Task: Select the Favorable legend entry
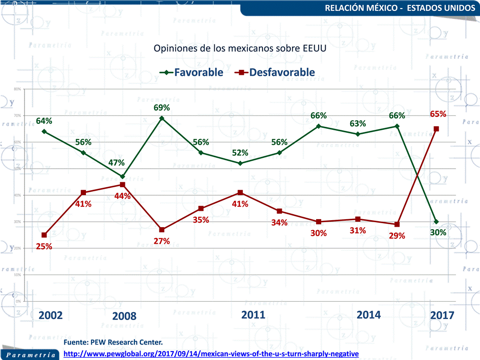[x=192, y=72]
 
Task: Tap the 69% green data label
[x=162, y=108]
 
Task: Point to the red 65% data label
[x=438, y=114]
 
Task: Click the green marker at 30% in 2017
[x=436, y=222]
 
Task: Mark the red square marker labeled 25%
[x=44, y=235]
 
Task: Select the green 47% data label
[x=116, y=163]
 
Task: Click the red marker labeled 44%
[x=122, y=185]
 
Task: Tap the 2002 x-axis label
[x=50, y=315]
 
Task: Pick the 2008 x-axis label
[x=124, y=316]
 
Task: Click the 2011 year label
[x=253, y=315]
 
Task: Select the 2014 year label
[x=369, y=315]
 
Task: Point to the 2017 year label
[x=442, y=315]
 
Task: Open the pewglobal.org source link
[x=212, y=354]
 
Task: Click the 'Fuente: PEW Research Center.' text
[x=113, y=343]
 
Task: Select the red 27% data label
[x=162, y=241]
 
